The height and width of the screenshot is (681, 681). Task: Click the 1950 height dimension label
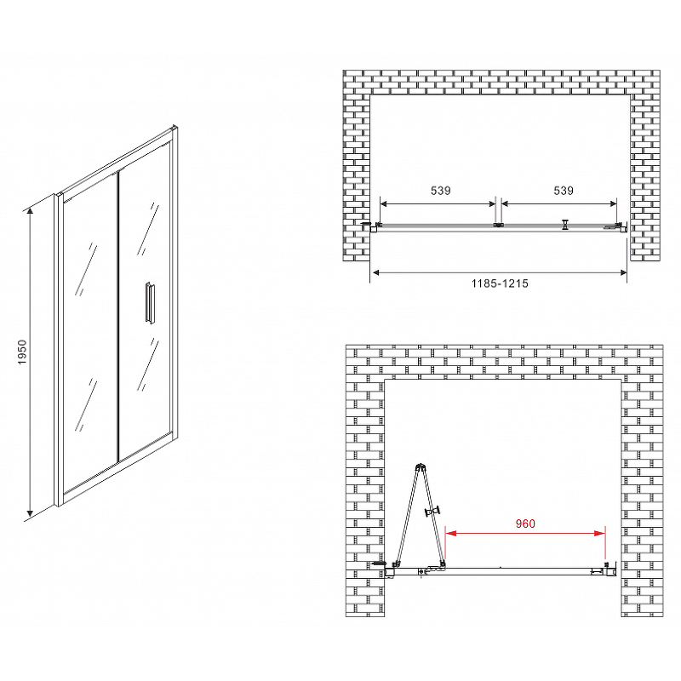click(x=22, y=352)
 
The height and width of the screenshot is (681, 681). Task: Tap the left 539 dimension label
click(x=440, y=191)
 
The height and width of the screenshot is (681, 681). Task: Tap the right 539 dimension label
click(x=564, y=191)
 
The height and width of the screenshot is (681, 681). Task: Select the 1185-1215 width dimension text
click(x=500, y=283)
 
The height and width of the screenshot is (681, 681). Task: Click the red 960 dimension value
click(x=525, y=524)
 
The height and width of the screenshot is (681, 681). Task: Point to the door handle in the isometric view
click(x=150, y=303)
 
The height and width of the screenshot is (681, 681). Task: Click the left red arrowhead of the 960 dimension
click(x=450, y=533)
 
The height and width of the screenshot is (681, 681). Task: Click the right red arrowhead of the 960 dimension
click(x=600, y=533)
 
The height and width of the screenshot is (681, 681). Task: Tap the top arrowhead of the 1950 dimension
click(x=30, y=211)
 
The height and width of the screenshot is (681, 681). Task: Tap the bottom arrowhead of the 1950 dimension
click(x=30, y=513)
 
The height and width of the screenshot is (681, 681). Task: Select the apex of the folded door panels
click(x=420, y=466)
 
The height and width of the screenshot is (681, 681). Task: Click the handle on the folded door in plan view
click(x=432, y=512)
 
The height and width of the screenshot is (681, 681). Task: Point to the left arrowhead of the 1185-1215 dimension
click(x=376, y=272)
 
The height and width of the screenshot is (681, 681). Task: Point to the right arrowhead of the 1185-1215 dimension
click(x=623, y=272)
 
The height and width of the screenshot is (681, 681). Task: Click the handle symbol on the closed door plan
click(x=564, y=225)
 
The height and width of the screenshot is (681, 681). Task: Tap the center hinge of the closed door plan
click(x=498, y=225)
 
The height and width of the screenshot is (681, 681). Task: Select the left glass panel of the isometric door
click(x=90, y=335)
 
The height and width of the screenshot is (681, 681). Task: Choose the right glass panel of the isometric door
click(x=144, y=300)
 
